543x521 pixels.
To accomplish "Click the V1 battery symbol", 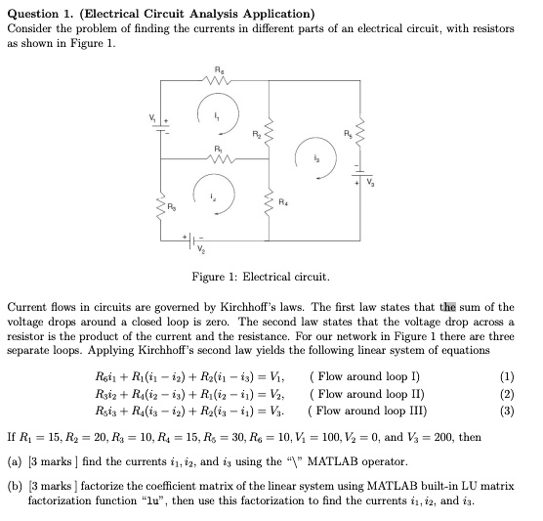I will pyautogui.click(x=158, y=128).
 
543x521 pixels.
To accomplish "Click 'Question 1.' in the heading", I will pyautogui.click(x=42, y=13).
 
